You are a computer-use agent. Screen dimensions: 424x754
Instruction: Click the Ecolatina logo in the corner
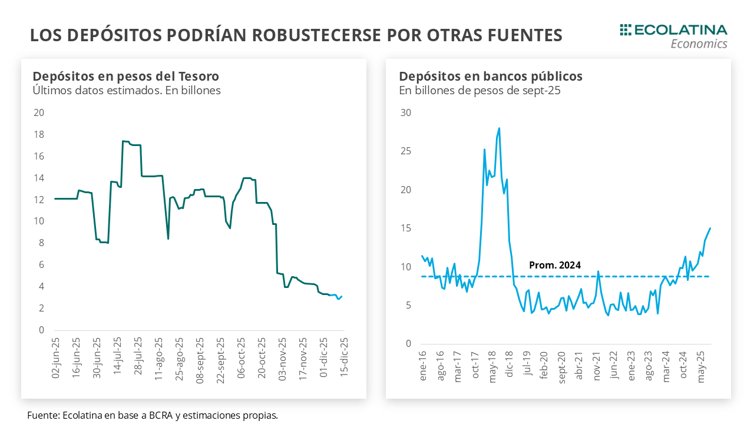pos(673,36)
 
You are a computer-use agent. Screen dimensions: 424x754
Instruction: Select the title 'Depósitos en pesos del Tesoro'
pos(125,76)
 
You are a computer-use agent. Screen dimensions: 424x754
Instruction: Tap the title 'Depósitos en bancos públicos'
pos(491,76)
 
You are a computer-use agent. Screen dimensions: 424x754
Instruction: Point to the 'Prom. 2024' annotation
pos(555,266)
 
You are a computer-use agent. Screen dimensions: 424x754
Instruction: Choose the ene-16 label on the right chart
pos(422,366)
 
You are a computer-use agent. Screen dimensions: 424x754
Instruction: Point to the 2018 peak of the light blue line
pos(499,128)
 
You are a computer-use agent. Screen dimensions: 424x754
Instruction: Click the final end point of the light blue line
pos(710,228)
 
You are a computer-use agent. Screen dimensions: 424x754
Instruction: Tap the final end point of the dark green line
pos(342,296)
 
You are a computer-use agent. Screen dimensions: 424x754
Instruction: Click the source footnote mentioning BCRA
pos(152,415)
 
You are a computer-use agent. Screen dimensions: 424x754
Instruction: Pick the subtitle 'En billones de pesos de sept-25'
pos(479,91)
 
